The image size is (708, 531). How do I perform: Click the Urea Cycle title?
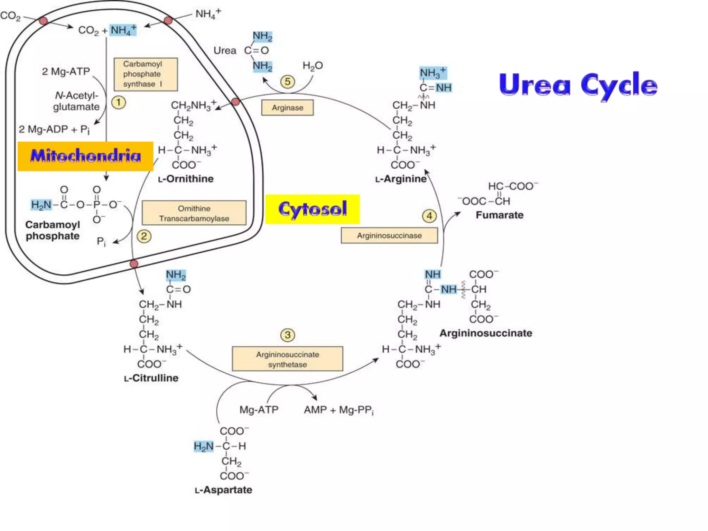tap(578, 85)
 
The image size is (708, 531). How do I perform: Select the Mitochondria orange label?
tap(85, 156)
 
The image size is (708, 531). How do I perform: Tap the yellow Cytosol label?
tap(313, 209)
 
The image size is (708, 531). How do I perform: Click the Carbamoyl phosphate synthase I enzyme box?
tap(146, 74)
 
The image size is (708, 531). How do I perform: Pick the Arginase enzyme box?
tap(287, 108)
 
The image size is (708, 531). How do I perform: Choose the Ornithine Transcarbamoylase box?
tap(194, 213)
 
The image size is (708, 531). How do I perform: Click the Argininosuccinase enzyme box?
tap(389, 236)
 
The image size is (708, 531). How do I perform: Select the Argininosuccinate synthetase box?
tap(287, 359)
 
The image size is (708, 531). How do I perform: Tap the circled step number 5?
tap(287, 82)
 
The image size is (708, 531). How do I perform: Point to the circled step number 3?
tap(287, 335)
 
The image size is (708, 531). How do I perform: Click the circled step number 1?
tap(119, 102)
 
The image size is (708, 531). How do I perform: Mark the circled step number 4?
tap(429, 216)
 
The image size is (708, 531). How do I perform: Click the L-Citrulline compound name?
tap(151, 378)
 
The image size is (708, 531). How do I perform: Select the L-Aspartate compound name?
tap(223, 490)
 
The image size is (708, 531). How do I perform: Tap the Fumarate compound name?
tap(500, 215)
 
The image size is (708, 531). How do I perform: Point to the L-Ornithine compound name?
tap(186, 179)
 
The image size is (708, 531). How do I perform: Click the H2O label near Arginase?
tap(313, 65)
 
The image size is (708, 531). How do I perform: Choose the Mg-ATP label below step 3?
tap(259, 410)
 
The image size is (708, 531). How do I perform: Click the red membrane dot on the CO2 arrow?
tap(44, 21)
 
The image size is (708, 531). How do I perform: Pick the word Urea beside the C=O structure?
tap(225, 50)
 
